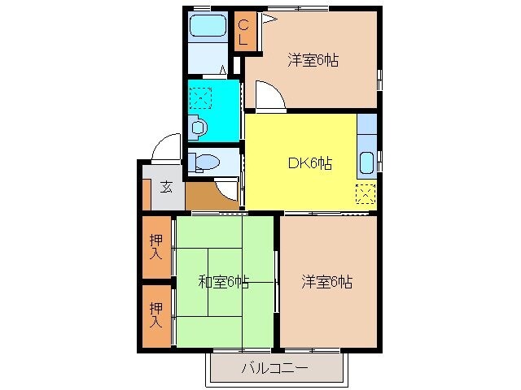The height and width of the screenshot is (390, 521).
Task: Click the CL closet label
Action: click(243, 31)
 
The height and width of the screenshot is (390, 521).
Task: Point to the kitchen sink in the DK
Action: click(366, 162)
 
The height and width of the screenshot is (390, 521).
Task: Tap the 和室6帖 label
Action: click(223, 282)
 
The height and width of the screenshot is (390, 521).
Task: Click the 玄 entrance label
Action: click(165, 187)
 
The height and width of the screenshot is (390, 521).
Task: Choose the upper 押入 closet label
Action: click(155, 246)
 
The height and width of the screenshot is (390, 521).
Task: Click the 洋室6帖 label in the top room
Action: click(313, 59)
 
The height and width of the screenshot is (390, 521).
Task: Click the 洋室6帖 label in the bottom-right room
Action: click(326, 282)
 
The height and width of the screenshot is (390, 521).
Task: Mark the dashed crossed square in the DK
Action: click(366, 194)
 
